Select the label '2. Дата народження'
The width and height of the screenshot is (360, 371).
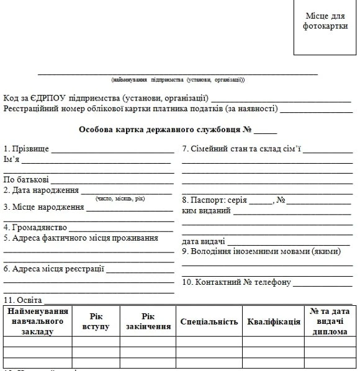(x=41, y=190)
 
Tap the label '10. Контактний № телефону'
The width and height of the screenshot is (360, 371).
(x=236, y=282)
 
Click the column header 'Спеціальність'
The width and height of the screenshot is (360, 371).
(x=209, y=322)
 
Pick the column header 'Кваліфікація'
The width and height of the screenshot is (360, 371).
(x=273, y=322)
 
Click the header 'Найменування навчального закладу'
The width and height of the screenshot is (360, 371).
(x=38, y=321)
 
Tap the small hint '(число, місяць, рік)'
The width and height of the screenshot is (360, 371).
(x=120, y=199)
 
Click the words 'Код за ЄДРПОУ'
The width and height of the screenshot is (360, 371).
(x=34, y=99)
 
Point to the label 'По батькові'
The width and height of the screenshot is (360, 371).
(x=26, y=180)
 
